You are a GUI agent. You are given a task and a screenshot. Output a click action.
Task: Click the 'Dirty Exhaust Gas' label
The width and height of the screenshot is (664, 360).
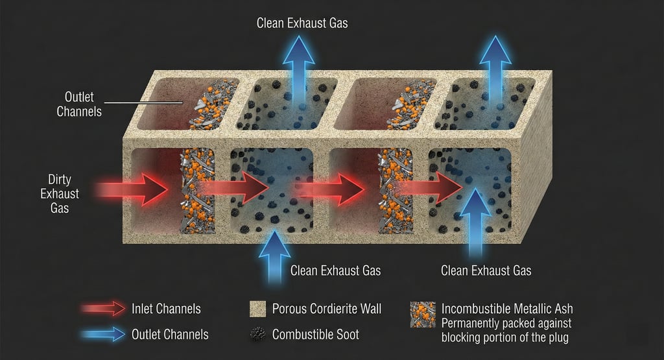(x=64, y=193)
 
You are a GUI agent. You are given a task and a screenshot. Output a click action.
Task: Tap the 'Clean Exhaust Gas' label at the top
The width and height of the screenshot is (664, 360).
(x=302, y=23)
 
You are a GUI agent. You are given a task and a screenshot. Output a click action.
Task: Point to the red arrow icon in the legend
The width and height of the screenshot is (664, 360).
(x=104, y=309)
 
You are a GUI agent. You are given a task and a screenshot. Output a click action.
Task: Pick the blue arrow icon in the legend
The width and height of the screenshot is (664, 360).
(x=104, y=334)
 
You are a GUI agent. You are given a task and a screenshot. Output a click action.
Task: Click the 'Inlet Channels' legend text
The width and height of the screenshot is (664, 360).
(x=166, y=309)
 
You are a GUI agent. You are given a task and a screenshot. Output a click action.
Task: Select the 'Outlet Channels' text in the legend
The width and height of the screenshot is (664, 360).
(x=170, y=334)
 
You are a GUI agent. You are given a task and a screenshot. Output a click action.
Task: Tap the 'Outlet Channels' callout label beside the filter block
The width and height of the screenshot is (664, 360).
(x=78, y=103)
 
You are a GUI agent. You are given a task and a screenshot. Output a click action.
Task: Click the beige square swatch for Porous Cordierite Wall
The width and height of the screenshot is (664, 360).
(x=257, y=309)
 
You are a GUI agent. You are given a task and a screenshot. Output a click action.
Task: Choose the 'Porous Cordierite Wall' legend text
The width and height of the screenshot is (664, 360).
(x=327, y=309)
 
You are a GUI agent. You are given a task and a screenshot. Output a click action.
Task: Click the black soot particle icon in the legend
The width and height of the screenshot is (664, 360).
(x=257, y=334)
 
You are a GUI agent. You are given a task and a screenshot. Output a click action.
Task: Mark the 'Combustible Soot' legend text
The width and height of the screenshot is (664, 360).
(x=315, y=334)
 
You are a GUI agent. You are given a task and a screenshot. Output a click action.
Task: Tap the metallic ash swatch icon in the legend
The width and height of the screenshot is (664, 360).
(x=422, y=314)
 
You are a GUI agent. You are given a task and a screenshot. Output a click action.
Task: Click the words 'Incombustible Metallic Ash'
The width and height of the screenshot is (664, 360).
(x=507, y=309)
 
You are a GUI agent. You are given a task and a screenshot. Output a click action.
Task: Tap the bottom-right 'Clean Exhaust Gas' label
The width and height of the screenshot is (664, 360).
(x=486, y=270)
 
